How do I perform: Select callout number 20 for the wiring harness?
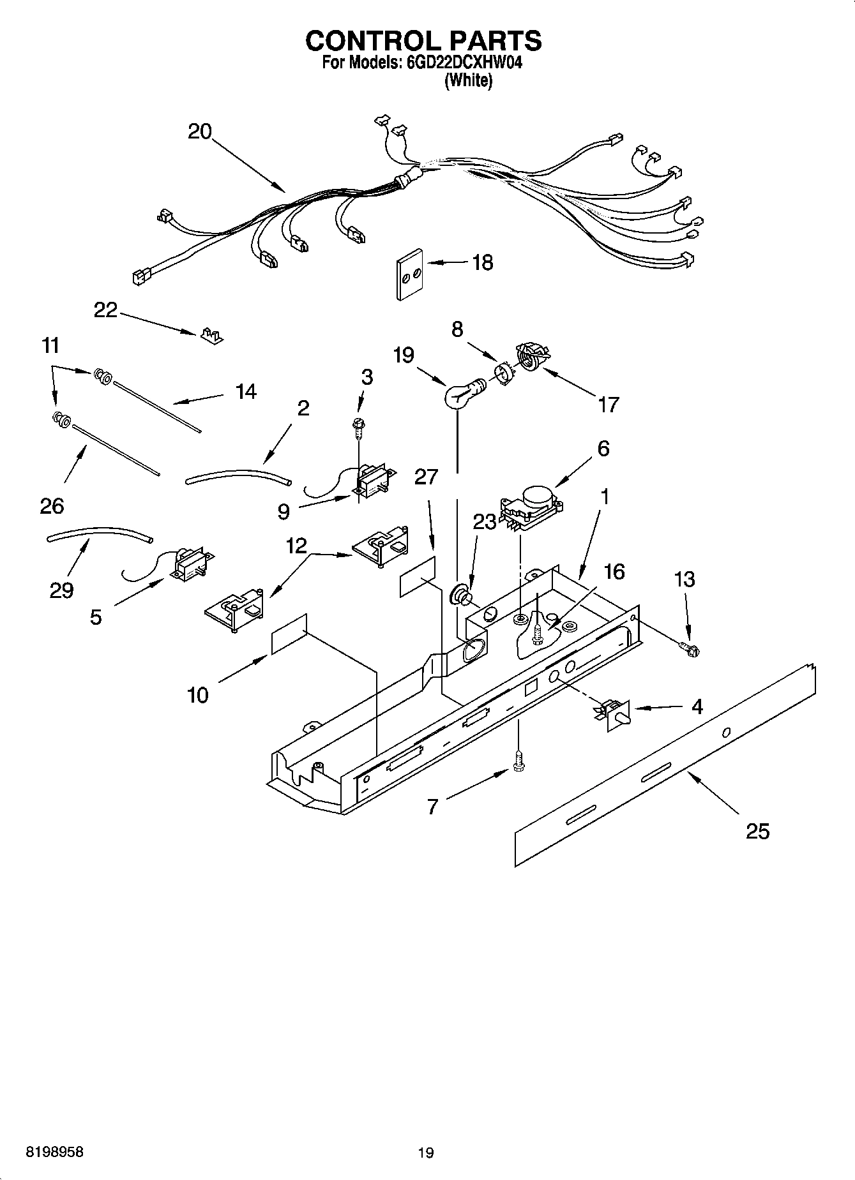(199, 131)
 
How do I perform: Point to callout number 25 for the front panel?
(757, 832)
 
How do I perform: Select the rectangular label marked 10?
(289, 634)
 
